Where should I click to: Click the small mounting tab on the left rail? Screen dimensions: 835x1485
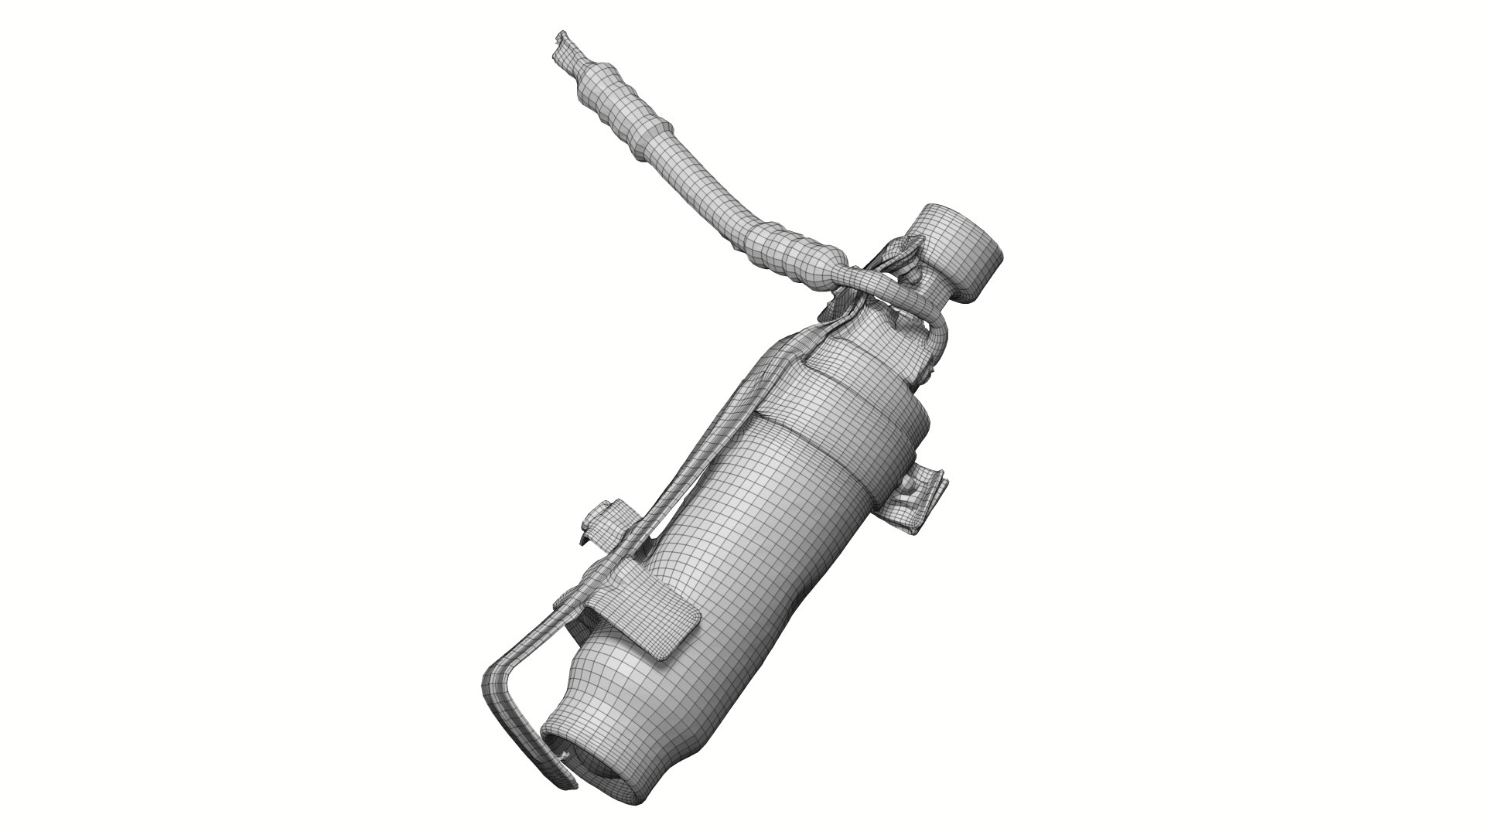(603, 518)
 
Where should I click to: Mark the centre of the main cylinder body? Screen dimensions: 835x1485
(742, 557)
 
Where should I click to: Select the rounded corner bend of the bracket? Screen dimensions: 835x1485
(495, 680)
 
